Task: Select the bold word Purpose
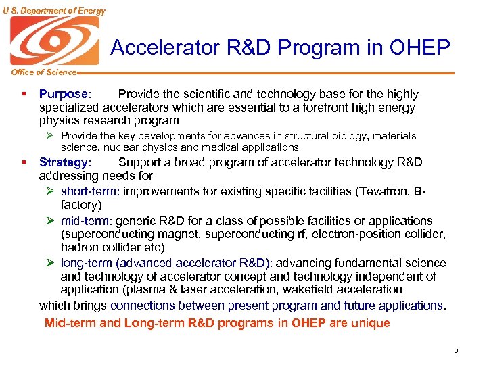pos(64,95)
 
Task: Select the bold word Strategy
pos(63,162)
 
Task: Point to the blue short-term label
pos(89,191)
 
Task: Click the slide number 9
pos(456,351)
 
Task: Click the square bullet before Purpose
pos(24,95)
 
